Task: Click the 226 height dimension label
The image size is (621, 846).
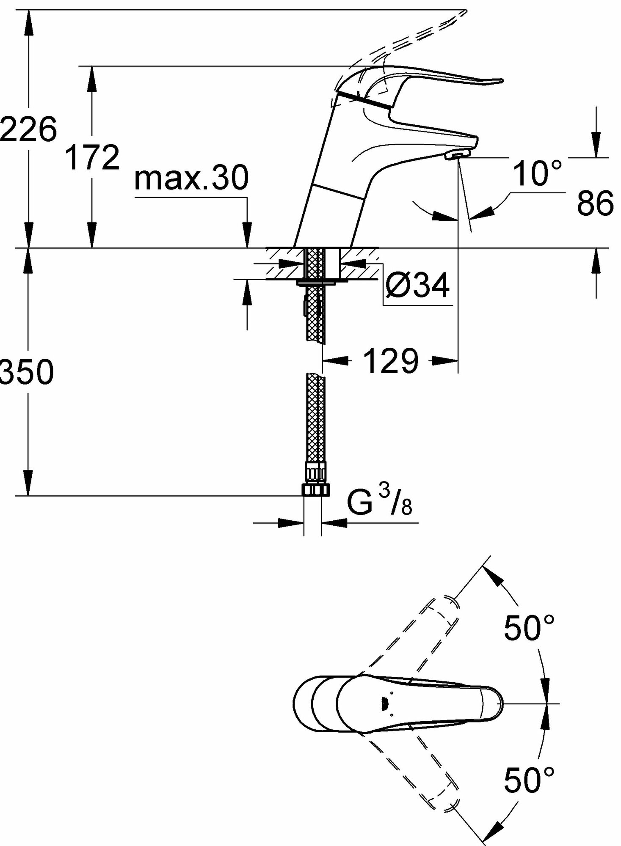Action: click(x=28, y=129)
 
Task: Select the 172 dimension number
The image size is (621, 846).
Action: click(x=93, y=158)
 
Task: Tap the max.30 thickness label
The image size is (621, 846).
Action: click(x=191, y=178)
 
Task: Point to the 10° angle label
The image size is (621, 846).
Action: click(x=538, y=173)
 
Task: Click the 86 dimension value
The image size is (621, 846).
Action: click(x=595, y=203)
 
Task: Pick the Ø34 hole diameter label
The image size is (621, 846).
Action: click(x=417, y=286)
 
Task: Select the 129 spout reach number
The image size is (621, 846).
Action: click(x=391, y=361)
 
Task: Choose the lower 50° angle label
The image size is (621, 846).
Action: click(x=529, y=780)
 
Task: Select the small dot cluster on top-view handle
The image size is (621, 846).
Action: click(x=384, y=703)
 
